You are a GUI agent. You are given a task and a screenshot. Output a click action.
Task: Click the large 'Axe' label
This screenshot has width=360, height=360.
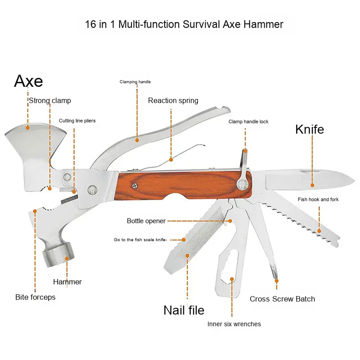[28, 81]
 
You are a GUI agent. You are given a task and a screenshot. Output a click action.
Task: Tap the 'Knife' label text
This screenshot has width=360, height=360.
[309, 130]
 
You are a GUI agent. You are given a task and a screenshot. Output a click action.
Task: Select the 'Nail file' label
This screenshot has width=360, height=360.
[184, 310]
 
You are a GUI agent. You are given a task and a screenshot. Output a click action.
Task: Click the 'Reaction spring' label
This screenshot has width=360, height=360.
[173, 101]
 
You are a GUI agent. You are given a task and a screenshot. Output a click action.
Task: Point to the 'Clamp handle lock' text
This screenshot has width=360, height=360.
[248, 121]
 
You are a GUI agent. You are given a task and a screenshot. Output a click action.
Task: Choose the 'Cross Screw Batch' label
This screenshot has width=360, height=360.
[282, 299]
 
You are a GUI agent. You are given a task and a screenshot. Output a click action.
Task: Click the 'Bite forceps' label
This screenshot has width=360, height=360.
[35, 297]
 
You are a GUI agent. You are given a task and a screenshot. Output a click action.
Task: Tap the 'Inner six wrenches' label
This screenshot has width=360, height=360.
[234, 324]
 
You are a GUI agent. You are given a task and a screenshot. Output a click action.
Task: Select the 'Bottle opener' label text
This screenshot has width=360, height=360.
[146, 221]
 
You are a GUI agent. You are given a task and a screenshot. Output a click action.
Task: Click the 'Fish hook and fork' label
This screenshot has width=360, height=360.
[318, 199]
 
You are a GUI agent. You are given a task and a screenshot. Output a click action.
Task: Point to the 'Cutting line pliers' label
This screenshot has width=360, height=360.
[77, 121]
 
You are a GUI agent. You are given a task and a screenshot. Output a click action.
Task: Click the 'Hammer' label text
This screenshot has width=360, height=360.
[67, 282]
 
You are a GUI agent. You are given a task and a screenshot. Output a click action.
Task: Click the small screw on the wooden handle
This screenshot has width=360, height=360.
[134, 184]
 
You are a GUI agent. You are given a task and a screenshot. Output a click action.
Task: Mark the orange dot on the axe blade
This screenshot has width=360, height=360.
[27, 127]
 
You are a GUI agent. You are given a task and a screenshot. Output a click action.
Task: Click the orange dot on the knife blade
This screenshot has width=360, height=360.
[311, 184]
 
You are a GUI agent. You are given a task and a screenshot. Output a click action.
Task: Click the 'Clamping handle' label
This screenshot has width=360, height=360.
[135, 82]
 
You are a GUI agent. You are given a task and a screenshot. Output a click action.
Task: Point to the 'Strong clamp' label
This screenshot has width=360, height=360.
[49, 101]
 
